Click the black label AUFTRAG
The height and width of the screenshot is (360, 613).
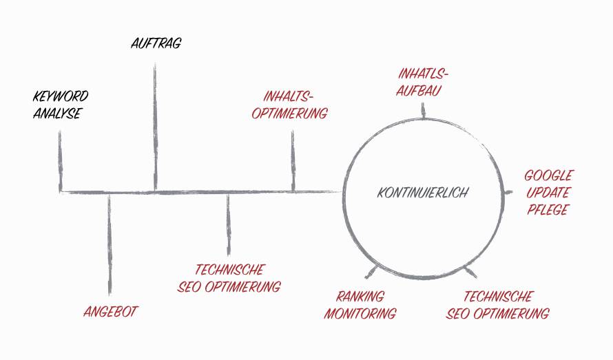[156, 43]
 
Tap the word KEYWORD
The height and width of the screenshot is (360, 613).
[61, 96]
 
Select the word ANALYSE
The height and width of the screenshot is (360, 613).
[57, 114]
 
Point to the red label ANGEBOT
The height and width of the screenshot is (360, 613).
[111, 312]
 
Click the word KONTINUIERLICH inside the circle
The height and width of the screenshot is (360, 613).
[423, 193]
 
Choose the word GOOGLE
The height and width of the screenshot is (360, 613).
[548, 176]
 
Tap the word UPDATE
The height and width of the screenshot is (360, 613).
[548, 193]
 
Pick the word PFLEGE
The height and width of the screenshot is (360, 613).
[548, 210]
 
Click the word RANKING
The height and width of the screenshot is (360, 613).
[360, 296]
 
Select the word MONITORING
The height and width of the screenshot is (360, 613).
[360, 313]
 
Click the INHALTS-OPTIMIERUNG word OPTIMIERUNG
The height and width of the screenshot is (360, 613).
[289, 114]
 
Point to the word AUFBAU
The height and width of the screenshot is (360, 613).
[419, 91]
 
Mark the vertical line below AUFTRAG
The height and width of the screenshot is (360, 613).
[155, 127]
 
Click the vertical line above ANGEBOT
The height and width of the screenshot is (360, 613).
[110, 244]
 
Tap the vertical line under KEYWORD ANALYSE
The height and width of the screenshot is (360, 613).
[60, 161]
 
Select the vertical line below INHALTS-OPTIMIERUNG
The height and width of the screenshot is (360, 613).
[293, 160]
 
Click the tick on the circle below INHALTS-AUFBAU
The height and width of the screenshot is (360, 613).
[423, 111]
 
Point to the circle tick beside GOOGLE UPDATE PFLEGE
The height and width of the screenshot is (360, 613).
[508, 192]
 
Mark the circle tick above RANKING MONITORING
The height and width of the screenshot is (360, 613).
[372, 272]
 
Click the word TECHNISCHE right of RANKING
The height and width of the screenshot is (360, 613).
[498, 296]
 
